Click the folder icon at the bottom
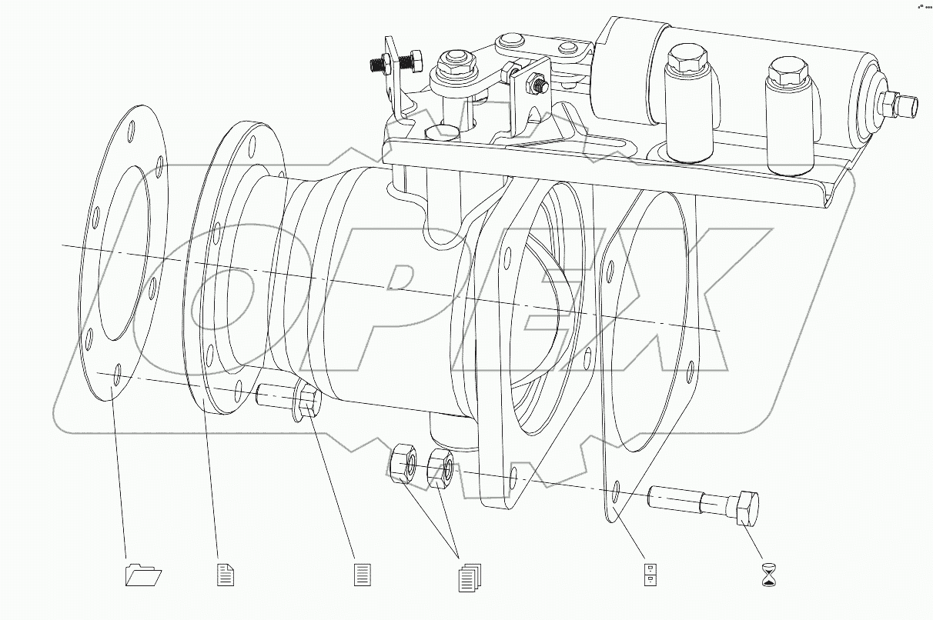[144, 575]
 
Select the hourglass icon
[770, 574]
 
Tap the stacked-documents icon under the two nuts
[469, 577]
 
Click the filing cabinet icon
[650, 575]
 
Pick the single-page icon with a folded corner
[226, 574]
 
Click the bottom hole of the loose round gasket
[116, 376]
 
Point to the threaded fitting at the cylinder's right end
[899, 103]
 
